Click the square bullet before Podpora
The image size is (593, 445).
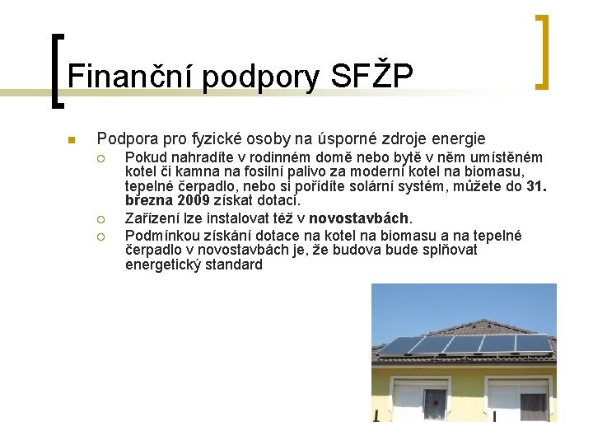72,139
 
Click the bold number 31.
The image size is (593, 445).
535,186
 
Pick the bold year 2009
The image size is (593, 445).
194,200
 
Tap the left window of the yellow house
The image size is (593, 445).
422,400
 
